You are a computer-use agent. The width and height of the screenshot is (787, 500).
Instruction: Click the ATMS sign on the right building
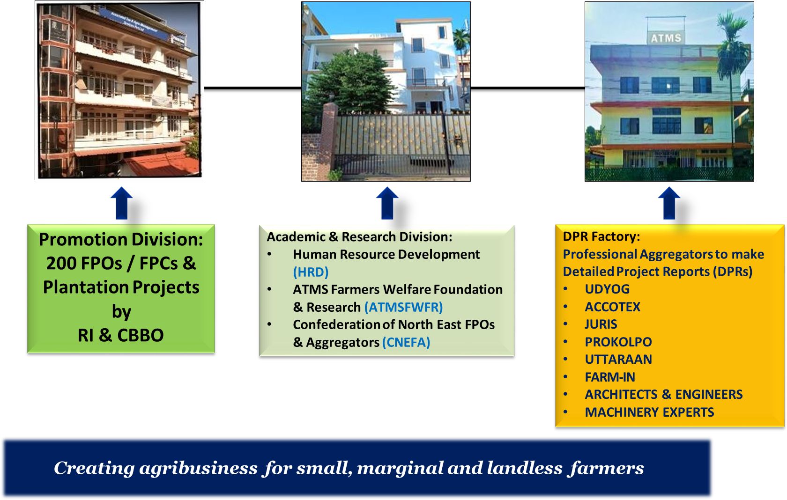coord(666,37)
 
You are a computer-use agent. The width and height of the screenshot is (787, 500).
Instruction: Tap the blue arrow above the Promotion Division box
coord(122,203)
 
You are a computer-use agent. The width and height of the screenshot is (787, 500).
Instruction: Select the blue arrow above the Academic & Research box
coord(387,203)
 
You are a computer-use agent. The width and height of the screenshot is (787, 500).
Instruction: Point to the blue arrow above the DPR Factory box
coord(669,203)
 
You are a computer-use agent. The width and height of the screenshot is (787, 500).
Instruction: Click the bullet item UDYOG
coord(607,289)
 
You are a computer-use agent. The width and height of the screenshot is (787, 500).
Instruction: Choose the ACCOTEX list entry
coord(612,307)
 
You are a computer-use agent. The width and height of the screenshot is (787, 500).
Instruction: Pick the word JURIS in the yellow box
coord(601,324)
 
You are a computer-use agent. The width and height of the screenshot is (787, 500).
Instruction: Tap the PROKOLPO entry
coord(618,342)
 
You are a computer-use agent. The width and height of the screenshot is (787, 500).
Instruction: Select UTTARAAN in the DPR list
coord(618,359)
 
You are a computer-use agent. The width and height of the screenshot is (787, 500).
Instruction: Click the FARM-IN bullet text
coord(610,377)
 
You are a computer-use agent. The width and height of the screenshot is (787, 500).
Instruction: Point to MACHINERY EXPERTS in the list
coord(649,412)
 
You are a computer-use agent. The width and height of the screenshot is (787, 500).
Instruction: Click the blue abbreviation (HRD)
coord(311,272)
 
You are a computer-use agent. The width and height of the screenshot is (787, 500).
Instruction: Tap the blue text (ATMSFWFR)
coord(403,307)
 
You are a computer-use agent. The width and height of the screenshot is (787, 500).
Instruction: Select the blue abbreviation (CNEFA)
coord(406,342)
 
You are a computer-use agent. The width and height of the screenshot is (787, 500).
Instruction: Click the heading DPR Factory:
coord(601,237)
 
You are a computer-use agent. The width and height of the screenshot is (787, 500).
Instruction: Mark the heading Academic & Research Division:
coord(359,237)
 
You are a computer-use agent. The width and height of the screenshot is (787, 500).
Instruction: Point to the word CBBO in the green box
coord(140,335)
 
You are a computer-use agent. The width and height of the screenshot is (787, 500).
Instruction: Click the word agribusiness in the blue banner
coord(199,469)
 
